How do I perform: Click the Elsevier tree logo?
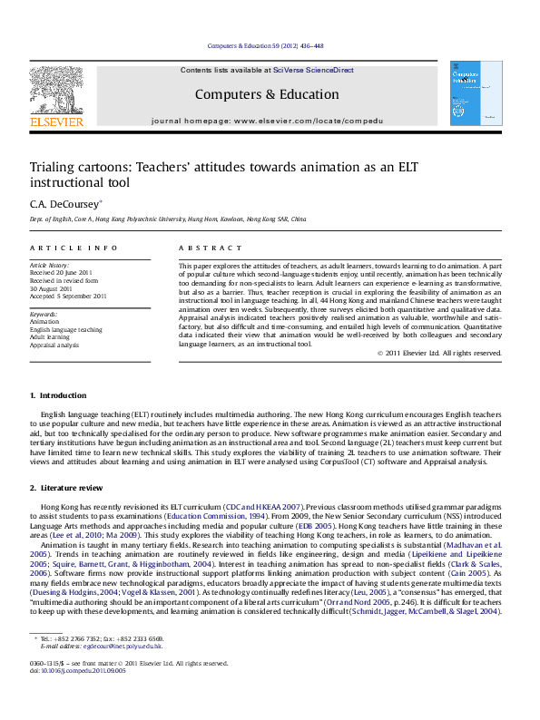(56, 90)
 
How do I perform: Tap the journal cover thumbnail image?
(476, 93)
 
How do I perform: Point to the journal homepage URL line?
(268, 120)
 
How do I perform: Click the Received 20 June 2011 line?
(62, 272)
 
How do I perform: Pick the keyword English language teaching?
(66, 330)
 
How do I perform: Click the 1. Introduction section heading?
(59, 394)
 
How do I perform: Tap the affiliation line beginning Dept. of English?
(168, 219)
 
